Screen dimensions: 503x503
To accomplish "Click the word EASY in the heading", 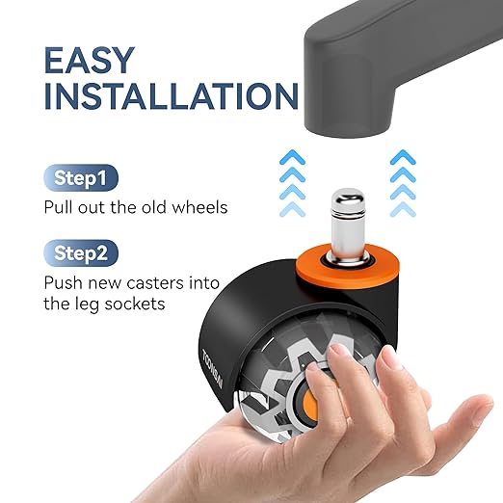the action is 89,61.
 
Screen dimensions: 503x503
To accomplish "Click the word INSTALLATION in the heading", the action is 172,96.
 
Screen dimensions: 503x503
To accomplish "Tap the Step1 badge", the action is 81,177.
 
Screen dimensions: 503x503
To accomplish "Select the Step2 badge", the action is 81,253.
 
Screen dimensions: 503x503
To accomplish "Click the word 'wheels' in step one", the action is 199,207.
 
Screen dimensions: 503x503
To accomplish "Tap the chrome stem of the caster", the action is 348,225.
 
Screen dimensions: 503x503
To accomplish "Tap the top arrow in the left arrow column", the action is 292,157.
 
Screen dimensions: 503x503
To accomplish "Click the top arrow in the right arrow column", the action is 403,157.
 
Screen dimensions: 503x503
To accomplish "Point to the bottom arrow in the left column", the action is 292,209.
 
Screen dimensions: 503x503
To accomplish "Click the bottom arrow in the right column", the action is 403,209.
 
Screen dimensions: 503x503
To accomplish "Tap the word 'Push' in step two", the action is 63,283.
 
